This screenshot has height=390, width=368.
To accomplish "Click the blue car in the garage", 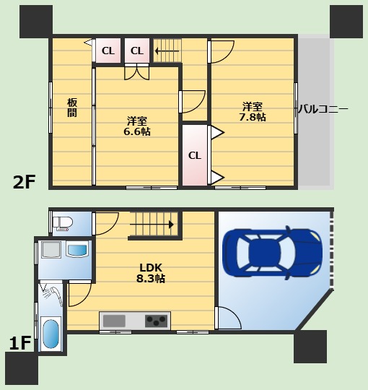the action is coord(272,253).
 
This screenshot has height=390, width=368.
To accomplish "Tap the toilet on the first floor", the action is coord(63,223).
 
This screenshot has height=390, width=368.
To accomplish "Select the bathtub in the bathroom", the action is coord(51,334).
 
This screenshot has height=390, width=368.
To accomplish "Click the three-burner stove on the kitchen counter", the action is coord(157,321).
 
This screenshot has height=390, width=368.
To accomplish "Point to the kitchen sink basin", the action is coord(114,321).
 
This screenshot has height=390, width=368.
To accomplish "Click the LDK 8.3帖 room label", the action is coord(151,273).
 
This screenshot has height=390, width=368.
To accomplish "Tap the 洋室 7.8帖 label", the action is coord(253,112).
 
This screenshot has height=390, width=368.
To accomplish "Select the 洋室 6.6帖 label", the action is coord(137,126).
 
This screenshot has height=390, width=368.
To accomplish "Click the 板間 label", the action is coord(72,108).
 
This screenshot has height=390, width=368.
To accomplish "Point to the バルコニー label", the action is coord(323,109).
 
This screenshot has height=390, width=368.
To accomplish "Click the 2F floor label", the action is coord(24,182).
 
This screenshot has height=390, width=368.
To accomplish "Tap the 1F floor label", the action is coord(20,343).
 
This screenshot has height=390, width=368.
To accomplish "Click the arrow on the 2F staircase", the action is coord(167,51).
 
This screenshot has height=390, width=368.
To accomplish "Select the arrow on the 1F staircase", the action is coord(152,225).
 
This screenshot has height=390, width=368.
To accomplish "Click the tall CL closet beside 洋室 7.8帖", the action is coord(195,155).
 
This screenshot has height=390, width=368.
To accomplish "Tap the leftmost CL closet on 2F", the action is coord(108,51).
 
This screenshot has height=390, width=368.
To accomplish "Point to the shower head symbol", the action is coord(53,293).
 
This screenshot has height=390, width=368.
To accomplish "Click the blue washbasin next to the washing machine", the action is coord(77,249).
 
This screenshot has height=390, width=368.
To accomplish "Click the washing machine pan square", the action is coord(51,249).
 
